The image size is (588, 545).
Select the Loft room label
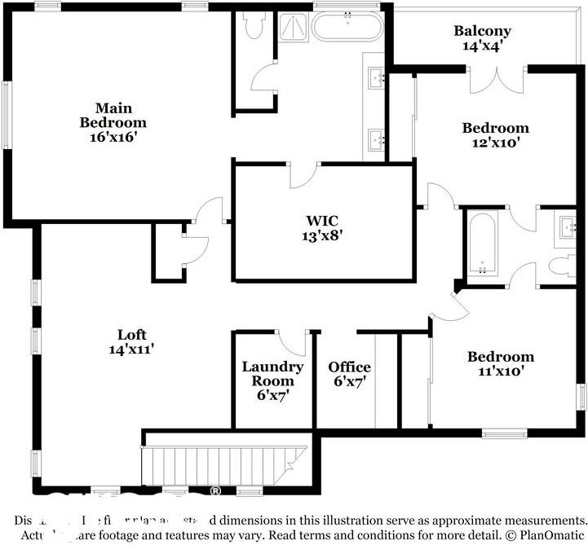coord(131,341)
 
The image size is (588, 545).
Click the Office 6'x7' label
coord(349,374)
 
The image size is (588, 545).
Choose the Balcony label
coord(482,38)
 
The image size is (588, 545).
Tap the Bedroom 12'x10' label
coord(495,134)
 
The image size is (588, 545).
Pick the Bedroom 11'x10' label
coord(500,363)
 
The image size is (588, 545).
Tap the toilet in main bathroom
coord(253,27)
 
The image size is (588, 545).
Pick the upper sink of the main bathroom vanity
coord(377,78)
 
